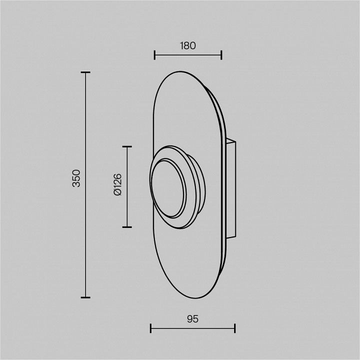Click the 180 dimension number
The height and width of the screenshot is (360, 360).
pos(188,45)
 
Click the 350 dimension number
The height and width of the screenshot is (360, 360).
pos(76,178)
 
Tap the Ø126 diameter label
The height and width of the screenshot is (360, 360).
pos(117,184)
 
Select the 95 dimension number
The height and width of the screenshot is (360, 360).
pos(192,319)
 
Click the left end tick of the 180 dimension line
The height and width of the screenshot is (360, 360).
pos(154,55)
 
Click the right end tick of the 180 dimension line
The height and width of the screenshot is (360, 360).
pos(221,55)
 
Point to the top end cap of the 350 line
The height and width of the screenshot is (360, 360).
pos(85,72)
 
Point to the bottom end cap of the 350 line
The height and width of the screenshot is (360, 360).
pos(85,297)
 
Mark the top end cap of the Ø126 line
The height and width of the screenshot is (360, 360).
pos(127,146)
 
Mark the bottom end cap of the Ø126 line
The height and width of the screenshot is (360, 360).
pos(127,227)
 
